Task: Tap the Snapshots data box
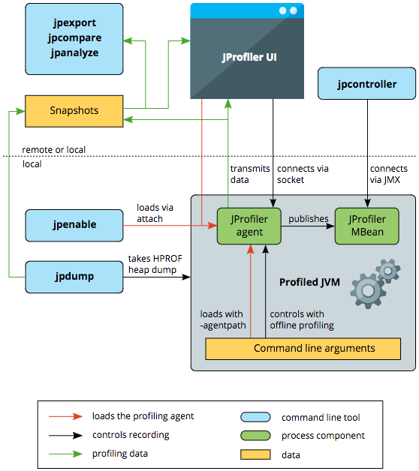(74, 110)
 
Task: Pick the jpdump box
(74, 277)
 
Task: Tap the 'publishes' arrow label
(309, 219)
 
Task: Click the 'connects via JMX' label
(388, 175)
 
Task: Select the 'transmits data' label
(249, 175)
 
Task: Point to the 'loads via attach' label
(157, 213)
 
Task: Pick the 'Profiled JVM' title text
(310, 282)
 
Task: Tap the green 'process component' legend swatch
(256, 436)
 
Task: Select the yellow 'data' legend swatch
(256, 454)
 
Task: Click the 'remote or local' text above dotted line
(53, 149)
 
